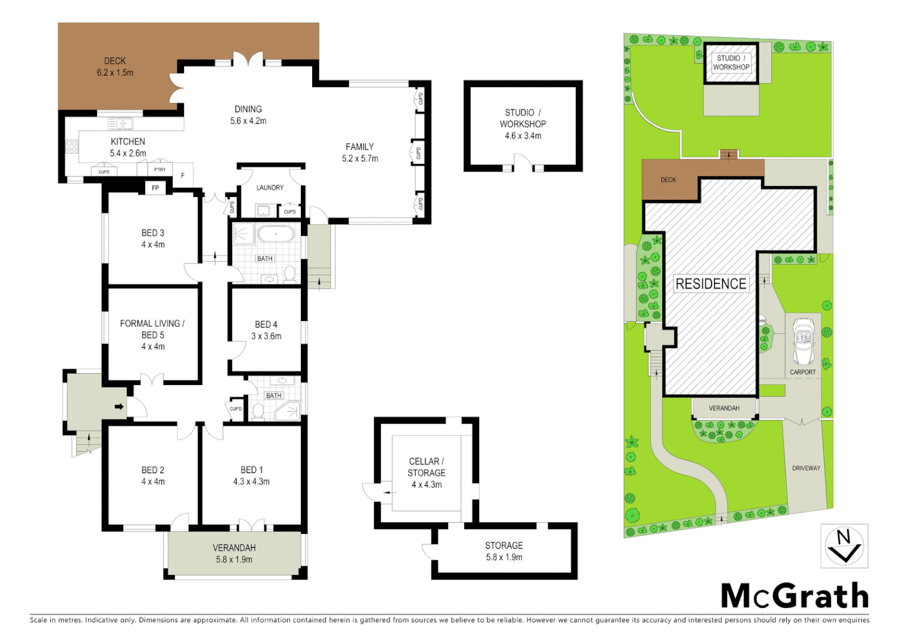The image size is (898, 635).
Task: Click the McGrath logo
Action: click(x=795, y=596)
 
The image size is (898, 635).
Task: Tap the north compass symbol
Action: click(x=844, y=546)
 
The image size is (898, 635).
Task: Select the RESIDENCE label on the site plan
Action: click(x=711, y=284)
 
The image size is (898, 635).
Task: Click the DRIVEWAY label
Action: click(x=806, y=468)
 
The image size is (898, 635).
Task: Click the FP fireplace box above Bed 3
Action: click(x=155, y=188)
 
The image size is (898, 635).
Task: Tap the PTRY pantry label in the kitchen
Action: click(x=160, y=170)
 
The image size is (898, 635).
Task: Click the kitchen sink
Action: click(x=120, y=123)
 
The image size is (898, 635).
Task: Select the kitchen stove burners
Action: click(x=72, y=146)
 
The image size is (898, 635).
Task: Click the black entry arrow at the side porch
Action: click(x=119, y=406)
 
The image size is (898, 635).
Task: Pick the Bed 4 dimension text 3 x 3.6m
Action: click(x=266, y=336)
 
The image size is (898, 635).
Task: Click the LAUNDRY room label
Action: click(x=270, y=188)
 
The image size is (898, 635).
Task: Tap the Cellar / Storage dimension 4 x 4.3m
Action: click(x=426, y=484)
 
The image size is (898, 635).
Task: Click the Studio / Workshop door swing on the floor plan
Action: click(x=522, y=162)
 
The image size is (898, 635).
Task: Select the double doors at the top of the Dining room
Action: click(x=247, y=60)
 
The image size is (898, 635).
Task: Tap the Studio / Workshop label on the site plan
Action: click(x=731, y=62)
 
